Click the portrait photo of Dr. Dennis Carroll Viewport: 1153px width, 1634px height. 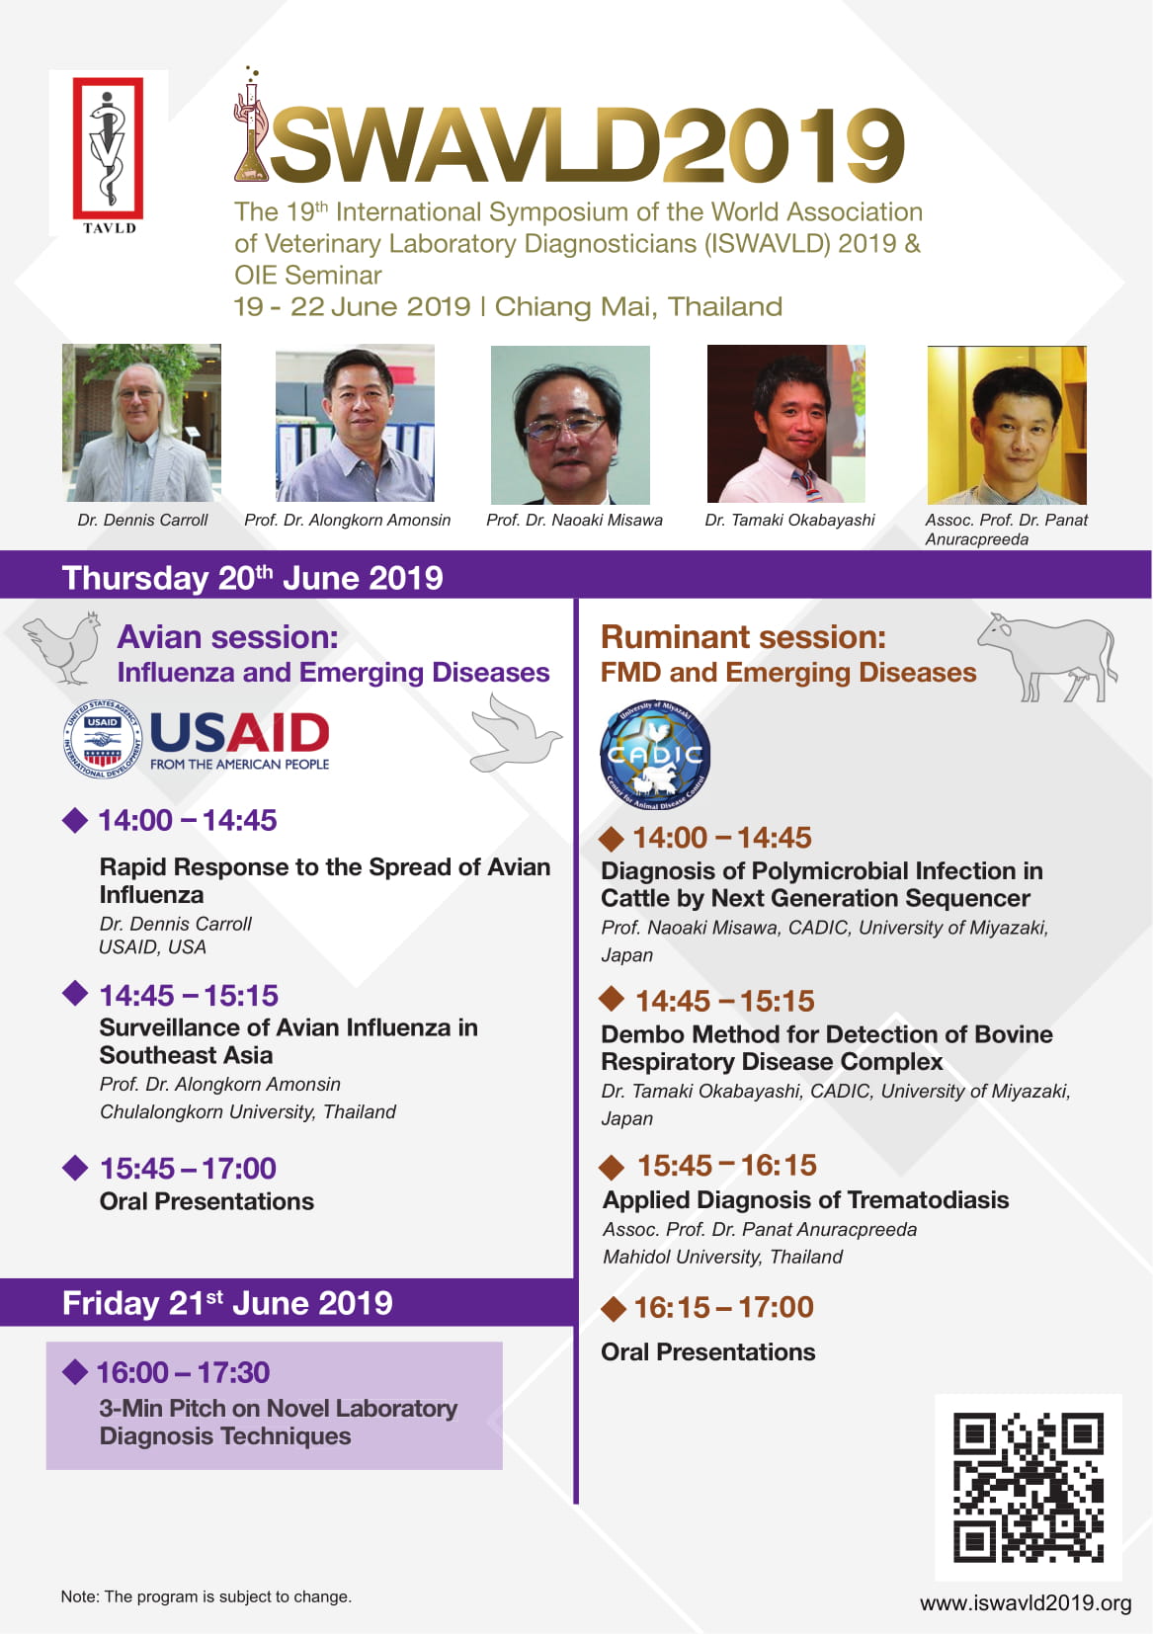tap(141, 423)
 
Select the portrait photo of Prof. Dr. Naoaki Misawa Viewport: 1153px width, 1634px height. tap(570, 425)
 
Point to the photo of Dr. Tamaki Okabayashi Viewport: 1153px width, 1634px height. tap(785, 424)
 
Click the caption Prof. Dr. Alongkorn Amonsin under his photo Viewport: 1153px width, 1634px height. tap(348, 520)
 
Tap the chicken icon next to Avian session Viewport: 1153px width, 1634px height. tap(63, 648)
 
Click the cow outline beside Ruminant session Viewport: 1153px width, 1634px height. tap(1047, 657)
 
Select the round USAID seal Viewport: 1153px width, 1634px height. tap(102, 740)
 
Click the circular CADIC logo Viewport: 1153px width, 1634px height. tap(655, 755)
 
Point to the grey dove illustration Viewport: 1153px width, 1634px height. tap(516, 733)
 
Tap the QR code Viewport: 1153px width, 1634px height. tap(1029, 1488)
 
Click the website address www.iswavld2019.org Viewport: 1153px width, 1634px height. tap(1026, 1603)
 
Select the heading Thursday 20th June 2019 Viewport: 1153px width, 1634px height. tap(253, 578)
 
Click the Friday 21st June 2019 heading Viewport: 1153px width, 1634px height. tap(227, 1303)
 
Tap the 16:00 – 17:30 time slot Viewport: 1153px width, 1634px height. tap(183, 1372)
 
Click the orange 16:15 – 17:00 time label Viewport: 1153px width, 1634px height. tap(723, 1307)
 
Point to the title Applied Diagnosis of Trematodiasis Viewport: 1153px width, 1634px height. tap(805, 1200)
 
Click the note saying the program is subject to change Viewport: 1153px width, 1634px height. tap(206, 1596)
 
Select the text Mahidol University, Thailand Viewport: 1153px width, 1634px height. tap(722, 1257)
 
